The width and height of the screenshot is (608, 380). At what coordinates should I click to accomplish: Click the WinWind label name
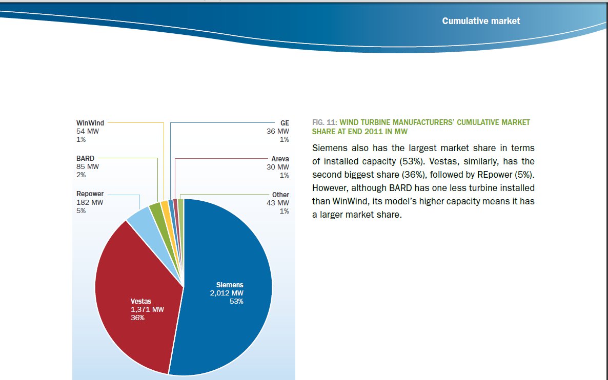(90, 123)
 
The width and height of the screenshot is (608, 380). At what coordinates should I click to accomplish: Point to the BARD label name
(85, 159)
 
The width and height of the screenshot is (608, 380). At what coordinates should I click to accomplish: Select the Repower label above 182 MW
(90, 194)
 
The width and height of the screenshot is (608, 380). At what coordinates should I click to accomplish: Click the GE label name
(285, 123)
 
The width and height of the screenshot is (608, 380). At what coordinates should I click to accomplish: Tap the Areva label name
(280, 159)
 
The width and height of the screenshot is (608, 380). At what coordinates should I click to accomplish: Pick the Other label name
(280, 195)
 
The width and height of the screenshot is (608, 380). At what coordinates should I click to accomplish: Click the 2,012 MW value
(227, 293)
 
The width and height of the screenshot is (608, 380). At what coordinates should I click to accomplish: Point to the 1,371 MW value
(148, 310)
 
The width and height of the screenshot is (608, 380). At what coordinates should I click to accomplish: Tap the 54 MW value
(88, 131)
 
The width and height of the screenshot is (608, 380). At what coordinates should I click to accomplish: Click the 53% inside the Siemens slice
(236, 301)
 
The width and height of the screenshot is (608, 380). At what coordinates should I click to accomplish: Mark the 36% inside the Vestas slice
(138, 318)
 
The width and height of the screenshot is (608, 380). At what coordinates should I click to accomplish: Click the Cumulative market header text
(481, 21)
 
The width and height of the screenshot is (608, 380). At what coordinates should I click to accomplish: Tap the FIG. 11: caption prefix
(324, 123)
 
